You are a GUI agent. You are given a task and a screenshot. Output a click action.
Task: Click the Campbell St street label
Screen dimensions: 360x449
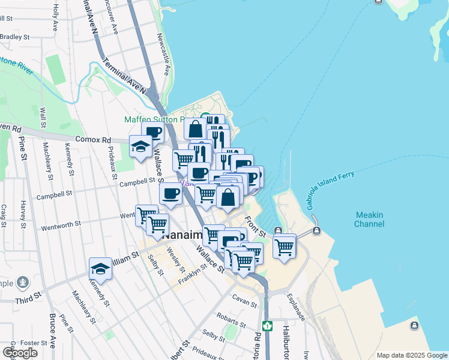(x=54, y=195)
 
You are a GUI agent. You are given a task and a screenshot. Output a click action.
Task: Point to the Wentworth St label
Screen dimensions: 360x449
(x=61, y=225)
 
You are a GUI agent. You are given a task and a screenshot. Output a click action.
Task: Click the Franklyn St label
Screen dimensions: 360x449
(x=191, y=273)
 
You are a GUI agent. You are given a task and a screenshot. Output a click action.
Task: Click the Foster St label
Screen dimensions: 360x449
(x=34, y=343)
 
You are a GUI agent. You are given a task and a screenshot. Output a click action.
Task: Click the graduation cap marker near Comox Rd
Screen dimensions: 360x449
(x=141, y=147)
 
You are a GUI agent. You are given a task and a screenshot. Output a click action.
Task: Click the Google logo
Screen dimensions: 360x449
(x=20, y=352)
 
